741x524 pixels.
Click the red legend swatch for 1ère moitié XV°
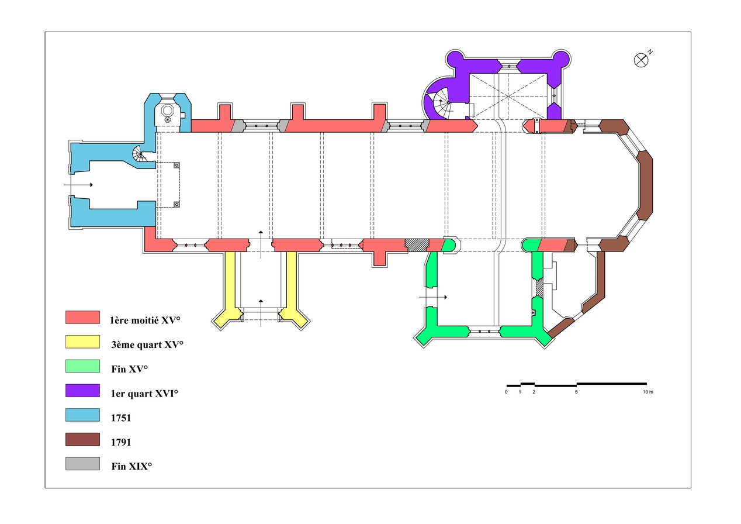[82, 318]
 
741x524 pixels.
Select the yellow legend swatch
[82, 342]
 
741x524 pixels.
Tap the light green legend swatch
[82, 367]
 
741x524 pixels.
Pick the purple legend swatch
[82, 391]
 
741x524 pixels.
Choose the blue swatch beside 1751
[82, 415]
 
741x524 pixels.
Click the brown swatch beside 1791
[82, 440]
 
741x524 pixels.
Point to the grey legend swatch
[82, 464]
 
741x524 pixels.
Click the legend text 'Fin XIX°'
[131, 466]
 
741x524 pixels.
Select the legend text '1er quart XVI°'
[144, 394]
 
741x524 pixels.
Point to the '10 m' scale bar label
[647, 392]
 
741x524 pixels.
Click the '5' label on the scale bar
[576, 392]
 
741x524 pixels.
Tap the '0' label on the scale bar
[506, 392]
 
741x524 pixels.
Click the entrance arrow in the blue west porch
[78, 185]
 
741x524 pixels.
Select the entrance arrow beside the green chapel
[433, 298]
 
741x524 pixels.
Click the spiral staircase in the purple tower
[442, 106]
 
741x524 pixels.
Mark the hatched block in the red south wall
[416, 245]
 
